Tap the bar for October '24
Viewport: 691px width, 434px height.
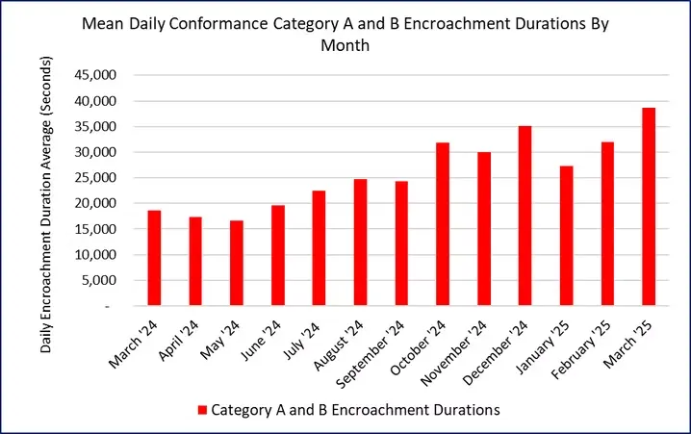click(x=443, y=224)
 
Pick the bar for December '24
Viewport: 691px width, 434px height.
click(x=525, y=216)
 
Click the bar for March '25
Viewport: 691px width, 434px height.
click(x=649, y=207)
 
